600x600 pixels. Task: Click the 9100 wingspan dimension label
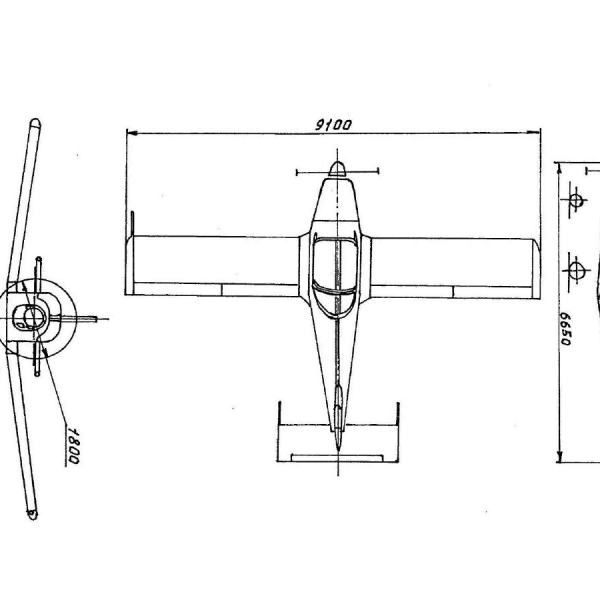332,125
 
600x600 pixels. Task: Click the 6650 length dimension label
565,328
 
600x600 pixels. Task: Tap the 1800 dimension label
73,447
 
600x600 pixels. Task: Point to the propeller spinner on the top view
337,169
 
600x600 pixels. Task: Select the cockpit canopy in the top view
336,278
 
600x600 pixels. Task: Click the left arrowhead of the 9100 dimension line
132,133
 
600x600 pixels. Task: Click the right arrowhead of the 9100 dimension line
534,132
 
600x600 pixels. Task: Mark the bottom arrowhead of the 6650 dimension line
559,456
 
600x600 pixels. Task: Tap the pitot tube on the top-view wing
132,223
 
